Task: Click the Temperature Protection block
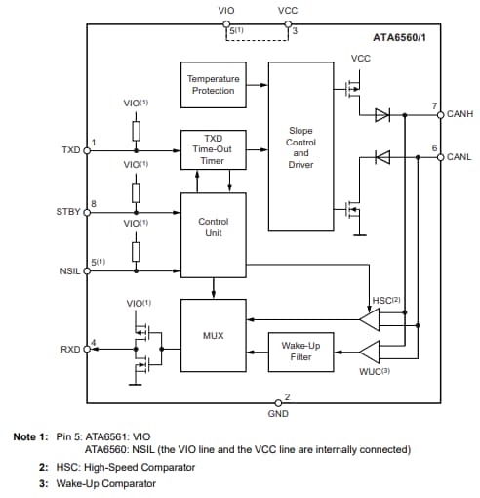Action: [212, 85]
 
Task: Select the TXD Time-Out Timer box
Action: [212, 149]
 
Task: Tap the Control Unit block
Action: [212, 228]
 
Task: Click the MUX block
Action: [212, 335]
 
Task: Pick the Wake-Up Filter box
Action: [300, 351]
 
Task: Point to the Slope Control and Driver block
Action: [300, 146]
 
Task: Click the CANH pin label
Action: [460, 114]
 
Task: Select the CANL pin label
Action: [460, 156]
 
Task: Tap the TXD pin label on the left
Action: [71, 151]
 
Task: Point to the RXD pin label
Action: [71, 348]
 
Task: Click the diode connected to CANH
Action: [382, 114]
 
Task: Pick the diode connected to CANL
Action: [382, 156]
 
